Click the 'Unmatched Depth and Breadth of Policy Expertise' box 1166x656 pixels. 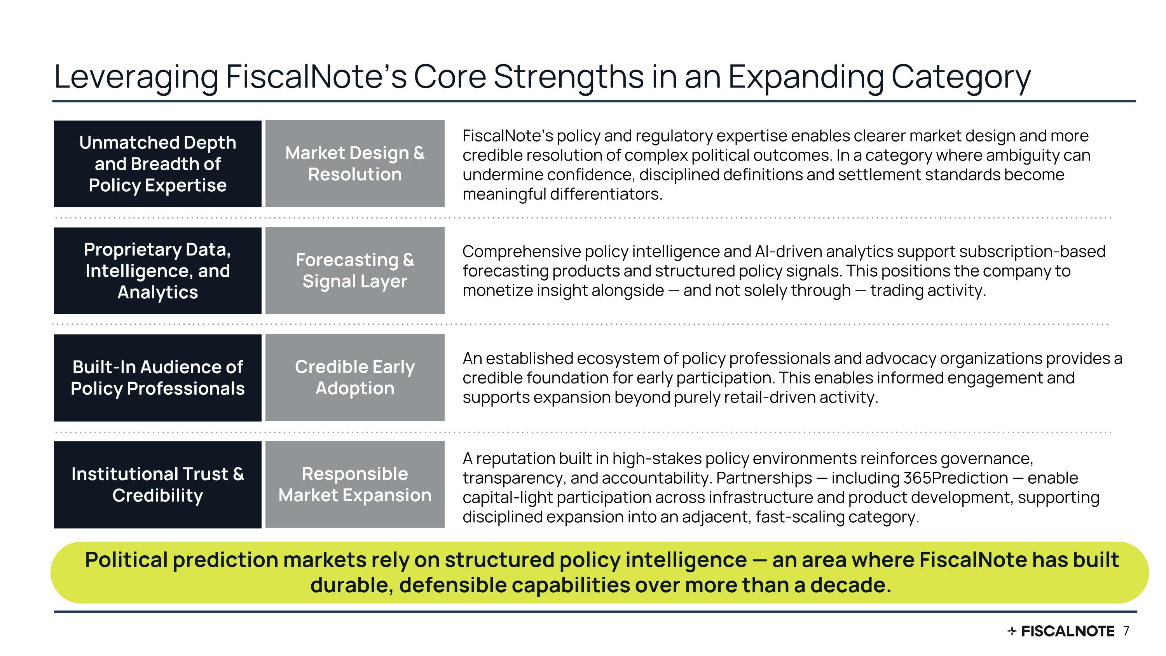157,164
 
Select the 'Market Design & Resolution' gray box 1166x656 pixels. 355,163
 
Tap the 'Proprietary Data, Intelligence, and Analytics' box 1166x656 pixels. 157,271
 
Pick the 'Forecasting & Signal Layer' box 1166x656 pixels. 355,270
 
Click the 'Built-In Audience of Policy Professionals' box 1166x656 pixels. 157,378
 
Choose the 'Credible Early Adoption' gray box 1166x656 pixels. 355,378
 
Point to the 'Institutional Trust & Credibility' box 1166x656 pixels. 157,485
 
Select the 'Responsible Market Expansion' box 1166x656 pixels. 355,485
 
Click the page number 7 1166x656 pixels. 1126,631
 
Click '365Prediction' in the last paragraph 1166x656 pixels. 955,478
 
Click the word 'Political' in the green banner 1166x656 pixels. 126,560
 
